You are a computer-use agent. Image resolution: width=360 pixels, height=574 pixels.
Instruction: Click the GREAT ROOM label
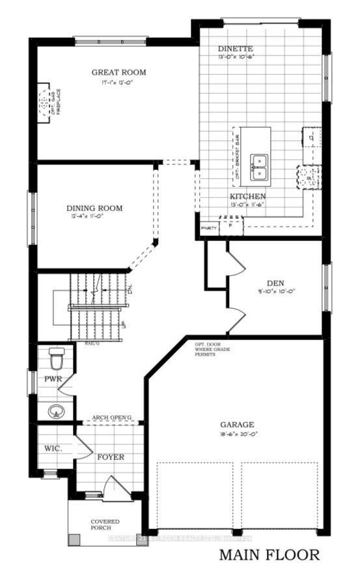(x=118, y=72)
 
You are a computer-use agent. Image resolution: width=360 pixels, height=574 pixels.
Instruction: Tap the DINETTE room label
(x=235, y=50)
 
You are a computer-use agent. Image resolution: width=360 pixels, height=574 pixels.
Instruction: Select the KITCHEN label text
(x=247, y=196)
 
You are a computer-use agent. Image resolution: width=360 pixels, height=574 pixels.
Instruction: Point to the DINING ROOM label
(x=94, y=209)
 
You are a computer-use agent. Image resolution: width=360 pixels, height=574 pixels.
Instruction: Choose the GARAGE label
(x=236, y=424)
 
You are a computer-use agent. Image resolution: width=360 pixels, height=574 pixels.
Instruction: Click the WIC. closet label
(x=53, y=449)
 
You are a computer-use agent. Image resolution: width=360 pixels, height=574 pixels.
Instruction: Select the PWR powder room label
(x=53, y=379)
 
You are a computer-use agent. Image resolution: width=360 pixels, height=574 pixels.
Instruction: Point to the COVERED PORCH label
(x=105, y=524)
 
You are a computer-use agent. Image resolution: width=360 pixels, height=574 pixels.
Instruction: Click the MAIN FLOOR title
(x=269, y=555)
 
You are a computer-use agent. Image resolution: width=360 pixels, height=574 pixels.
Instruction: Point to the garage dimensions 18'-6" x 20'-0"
(x=236, y=433)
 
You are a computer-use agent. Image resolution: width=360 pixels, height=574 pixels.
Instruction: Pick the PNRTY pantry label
(x=208, y=228)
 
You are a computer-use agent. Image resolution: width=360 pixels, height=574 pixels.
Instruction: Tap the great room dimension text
(x=118, y=83)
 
